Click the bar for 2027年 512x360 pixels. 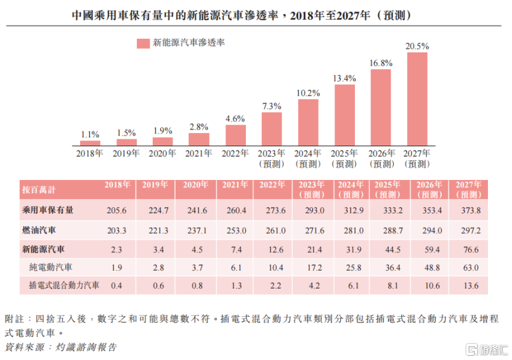click(417, 99)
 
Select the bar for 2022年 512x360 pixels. click(235, 135)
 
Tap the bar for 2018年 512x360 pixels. click(90, 142)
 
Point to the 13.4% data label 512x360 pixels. click(344, 78)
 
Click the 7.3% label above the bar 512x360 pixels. click(272, 106)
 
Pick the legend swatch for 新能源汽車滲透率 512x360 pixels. click(143, 43)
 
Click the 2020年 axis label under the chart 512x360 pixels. click(163, 153)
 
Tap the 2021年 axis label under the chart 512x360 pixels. click(199, 153)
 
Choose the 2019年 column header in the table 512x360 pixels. click(155, 185)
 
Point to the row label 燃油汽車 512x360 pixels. click(39, 229)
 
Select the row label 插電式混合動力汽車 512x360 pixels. click(64, 286)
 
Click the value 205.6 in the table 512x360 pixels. click(116, 211)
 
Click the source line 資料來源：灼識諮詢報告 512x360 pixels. click(60, 347)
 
